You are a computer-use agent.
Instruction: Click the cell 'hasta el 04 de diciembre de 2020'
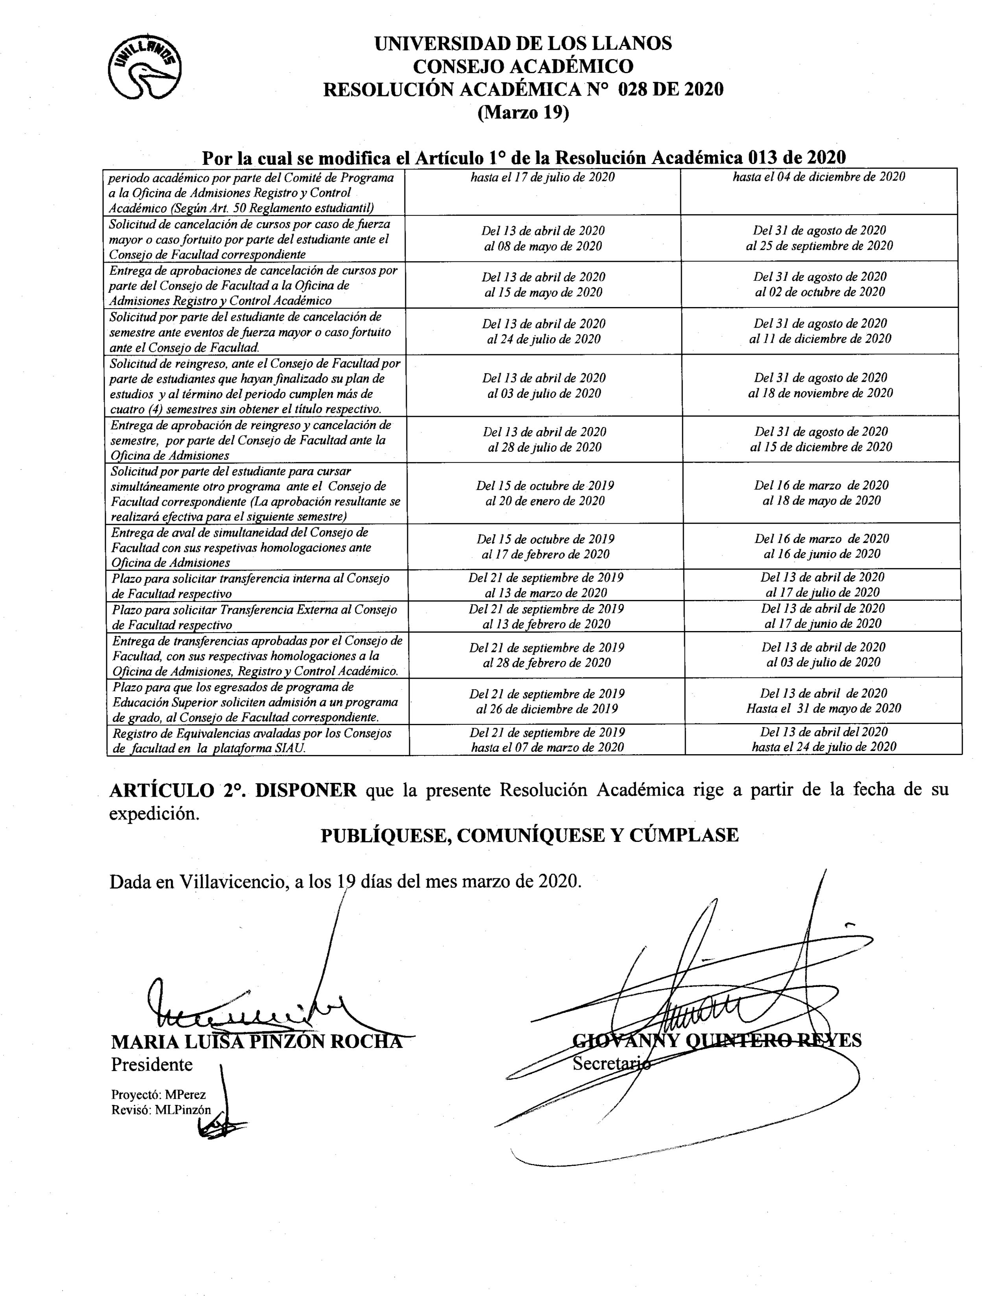[818, 177]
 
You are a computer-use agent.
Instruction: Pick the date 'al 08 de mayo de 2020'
[543, 246]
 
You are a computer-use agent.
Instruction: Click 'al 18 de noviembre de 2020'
[820, 393]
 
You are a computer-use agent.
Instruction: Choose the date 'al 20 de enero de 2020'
[545, 501]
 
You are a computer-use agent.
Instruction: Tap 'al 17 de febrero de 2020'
[545, 554]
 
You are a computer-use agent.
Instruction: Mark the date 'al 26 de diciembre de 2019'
[546, 709]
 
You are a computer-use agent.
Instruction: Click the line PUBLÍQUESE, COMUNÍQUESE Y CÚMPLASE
[530, 835]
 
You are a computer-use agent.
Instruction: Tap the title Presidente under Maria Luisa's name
[152, 1064]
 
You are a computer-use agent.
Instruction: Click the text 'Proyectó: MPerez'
[158, 1094]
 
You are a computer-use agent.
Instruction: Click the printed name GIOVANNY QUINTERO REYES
[716, 1040]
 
